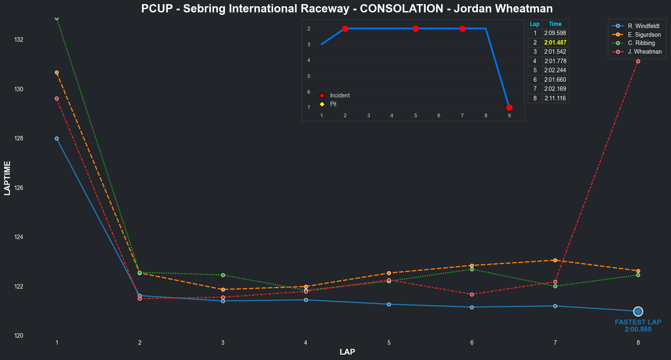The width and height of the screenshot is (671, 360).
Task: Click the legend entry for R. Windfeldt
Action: tap(643, 26)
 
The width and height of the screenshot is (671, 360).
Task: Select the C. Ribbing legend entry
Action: tap(641, 43)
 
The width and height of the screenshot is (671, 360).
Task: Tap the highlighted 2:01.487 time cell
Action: tap(555, 43)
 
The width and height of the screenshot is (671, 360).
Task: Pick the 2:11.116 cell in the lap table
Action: tap(555, 98)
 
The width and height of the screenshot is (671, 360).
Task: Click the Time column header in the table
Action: tap(555, 24)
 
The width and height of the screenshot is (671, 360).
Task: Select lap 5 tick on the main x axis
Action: tap(389, 343)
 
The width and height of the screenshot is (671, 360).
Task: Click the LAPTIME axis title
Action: tap(7, 178)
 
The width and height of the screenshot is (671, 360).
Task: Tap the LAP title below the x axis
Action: tap(347, 352)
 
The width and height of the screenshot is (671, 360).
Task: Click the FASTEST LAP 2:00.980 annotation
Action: tap(638, 326)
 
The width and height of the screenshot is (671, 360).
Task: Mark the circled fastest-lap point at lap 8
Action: tap(638, 311)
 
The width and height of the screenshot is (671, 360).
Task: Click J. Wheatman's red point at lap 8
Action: tap(638, 62)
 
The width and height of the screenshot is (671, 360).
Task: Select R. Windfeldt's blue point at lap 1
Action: tap(57, 139)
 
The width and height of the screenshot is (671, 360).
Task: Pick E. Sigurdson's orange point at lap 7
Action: tap(555, 261)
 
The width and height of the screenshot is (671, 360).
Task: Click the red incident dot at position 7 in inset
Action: tap(509, 108)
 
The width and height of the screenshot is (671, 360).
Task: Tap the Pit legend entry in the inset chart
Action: tap(333, 104)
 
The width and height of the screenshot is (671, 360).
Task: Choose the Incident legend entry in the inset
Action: tap(340, 95)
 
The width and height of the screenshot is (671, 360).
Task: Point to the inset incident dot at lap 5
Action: tap(416, 28)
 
